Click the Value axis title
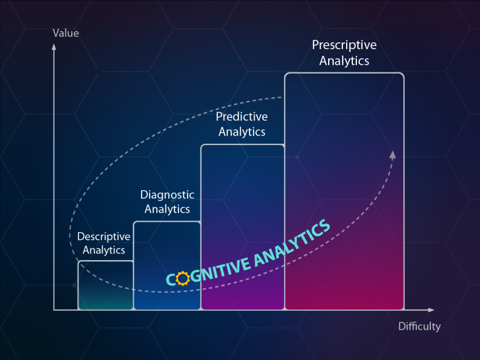tap(66, 33)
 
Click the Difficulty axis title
tap(420, 327)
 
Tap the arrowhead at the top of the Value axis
tap(54, 46)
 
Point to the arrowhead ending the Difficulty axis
tap(431, 310)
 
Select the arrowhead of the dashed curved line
tap(393, 155)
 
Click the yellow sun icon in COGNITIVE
tap(183, 278)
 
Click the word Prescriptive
tap(344, 45)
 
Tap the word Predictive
tap(242, 117)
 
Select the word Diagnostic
tap(167, 195)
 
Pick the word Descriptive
tap(104, 236)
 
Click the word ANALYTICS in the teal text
tap(293, 243)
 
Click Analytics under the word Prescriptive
tap(344, 61)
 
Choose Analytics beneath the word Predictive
tap(242, 132)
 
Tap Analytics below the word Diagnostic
tap(167, 209)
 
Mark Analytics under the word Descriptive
tap(104, 250)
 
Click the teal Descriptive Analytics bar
tap(106, 286)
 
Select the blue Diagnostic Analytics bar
tap(167, 266)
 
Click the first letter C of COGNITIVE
tap(171, 279)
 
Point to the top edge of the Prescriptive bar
tap(344, 73)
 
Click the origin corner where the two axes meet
tap(54, 310)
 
